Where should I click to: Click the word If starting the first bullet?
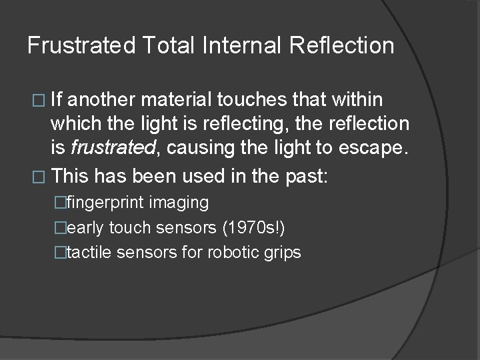tap(58, 101)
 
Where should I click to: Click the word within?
tap(358, 101)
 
